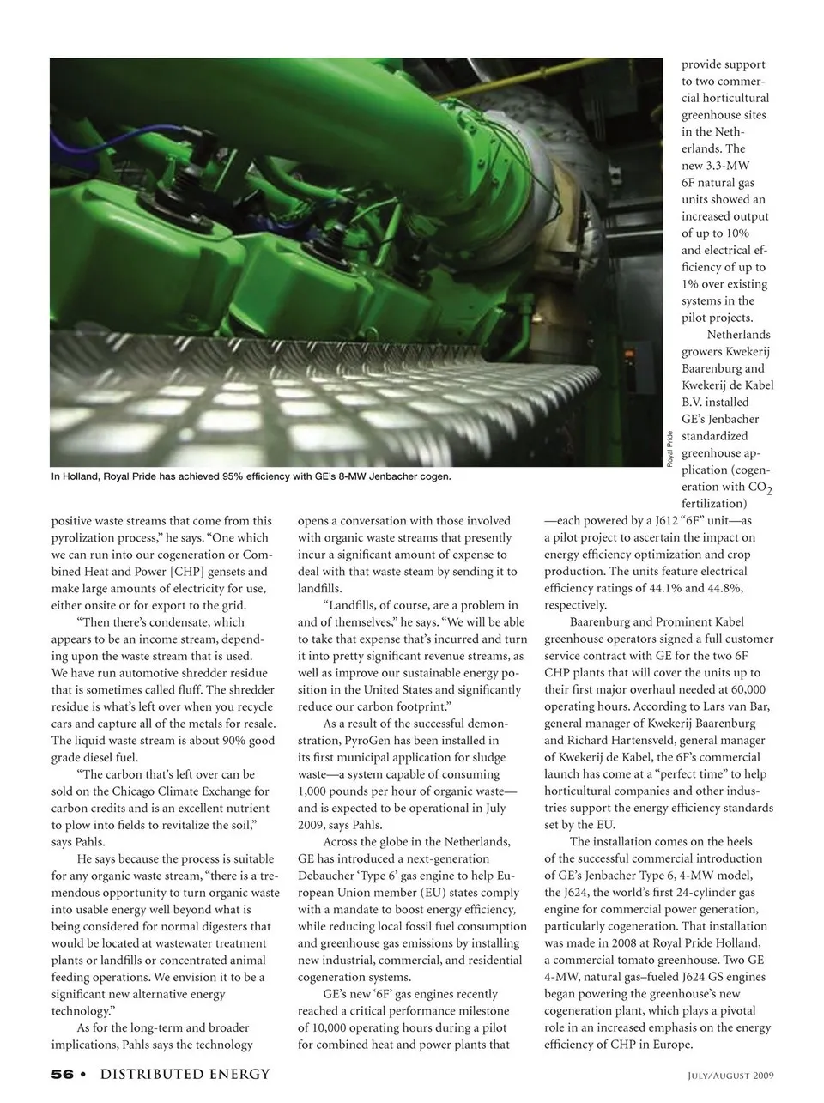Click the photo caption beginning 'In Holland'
pyautogui.click(x=251, y=476)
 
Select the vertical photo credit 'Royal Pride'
pyautogui.click(x=670, y=449)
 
